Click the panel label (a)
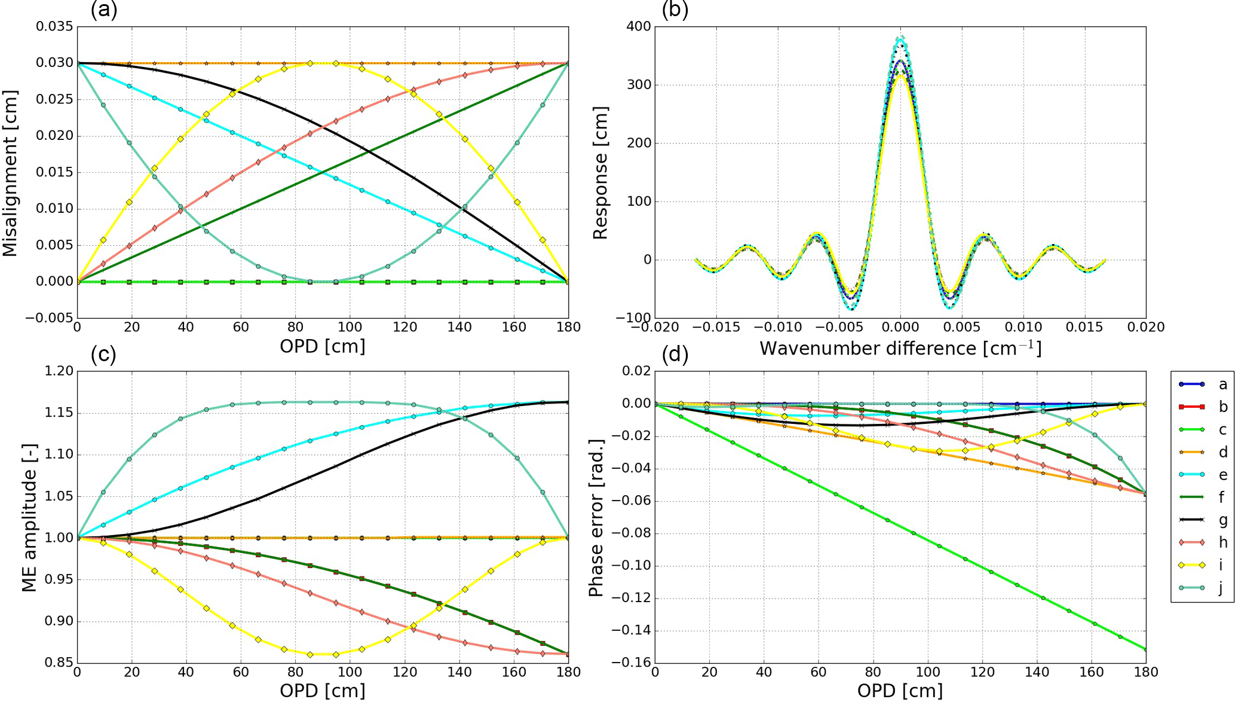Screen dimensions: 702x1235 (x=103, y=10)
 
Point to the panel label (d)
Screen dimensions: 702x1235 (x=675, y=355)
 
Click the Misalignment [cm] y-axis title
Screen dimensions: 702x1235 (x=10, y=173)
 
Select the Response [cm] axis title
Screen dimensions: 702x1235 (x=600, y=173)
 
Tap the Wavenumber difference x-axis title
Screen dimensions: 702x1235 (x=900, y=348)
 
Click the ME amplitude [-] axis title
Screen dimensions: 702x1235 (x=29, y=517)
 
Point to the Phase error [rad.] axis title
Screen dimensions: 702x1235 (x=595, y=517)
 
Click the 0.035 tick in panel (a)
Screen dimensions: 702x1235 (x=54, y=26)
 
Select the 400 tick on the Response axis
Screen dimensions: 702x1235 (x=639, y=26)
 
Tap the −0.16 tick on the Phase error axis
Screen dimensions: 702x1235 (x=631, y=663)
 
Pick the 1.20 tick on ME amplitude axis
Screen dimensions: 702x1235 (x=59, y=371)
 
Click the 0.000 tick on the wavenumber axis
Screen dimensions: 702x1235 (x=900, y=327)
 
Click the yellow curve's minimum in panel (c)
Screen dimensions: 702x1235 (x=323, y=654)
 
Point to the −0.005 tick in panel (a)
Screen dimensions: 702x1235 (x=51, y=318)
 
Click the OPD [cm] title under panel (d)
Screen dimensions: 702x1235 (x=900, y=691)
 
